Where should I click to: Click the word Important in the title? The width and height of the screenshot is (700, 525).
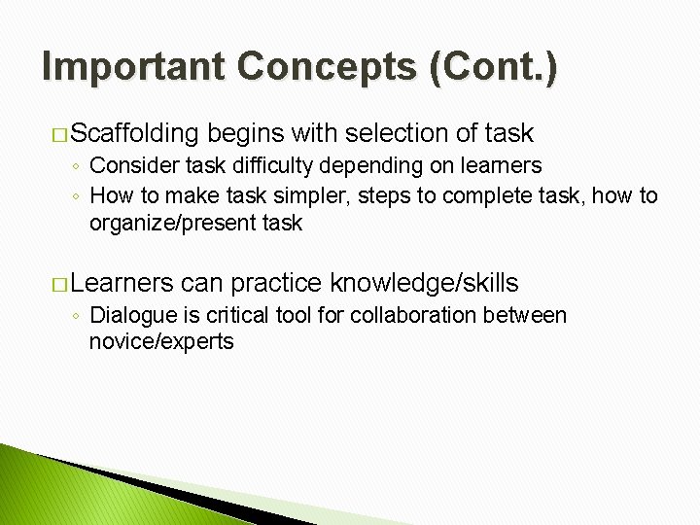134,67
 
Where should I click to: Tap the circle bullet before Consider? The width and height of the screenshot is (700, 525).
76,167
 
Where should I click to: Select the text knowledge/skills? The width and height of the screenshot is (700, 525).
424,284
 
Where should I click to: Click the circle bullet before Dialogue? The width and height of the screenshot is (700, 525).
76,316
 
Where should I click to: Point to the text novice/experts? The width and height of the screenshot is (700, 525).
161,342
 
